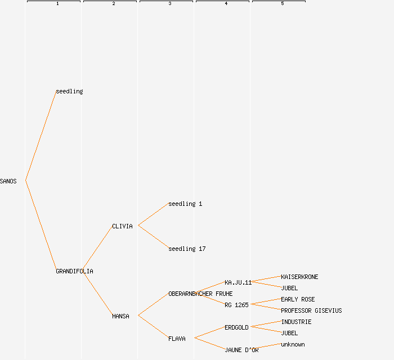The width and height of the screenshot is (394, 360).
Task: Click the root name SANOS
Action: point(8,181)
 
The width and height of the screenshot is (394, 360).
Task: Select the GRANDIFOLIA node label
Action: point(74,271)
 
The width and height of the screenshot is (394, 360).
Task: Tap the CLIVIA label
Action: point(122,226)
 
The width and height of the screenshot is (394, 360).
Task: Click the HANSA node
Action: point(120,316)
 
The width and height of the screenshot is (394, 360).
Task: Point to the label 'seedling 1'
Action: point(185,204)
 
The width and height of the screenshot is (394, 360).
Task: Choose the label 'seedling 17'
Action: point(187,249)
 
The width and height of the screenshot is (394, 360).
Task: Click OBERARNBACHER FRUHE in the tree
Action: point(200,294)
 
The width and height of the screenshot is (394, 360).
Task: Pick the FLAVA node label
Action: point(177,339)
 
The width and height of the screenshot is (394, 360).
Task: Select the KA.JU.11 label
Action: point(238,282)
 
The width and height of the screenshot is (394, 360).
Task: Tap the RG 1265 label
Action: point(236,305)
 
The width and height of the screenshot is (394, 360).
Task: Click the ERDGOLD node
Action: point(236,327)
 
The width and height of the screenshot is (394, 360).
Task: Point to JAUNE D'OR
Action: point(241,350)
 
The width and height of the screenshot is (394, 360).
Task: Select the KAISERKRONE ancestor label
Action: point(299,277)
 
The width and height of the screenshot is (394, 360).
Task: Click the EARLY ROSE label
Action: point(298,299)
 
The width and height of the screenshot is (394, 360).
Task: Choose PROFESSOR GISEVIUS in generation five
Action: point(311,310)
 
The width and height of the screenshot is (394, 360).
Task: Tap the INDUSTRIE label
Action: point(296,322)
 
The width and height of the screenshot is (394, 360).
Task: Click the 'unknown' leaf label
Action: point(293,344)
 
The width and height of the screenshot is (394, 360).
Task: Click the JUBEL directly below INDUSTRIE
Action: point(289,333)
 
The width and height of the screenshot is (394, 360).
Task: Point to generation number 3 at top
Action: point(169,4)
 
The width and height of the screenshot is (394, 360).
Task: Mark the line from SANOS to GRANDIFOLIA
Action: point(41,225)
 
